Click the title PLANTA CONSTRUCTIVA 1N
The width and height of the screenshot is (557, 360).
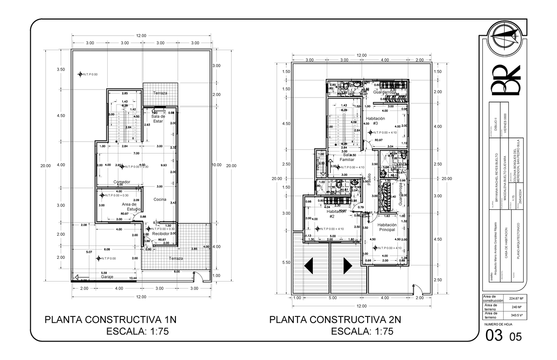110,320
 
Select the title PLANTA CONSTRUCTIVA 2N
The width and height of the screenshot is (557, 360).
335,320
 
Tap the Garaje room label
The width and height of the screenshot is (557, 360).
107,276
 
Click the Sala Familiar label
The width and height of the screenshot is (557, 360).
348,157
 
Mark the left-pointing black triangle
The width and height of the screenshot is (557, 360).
310,266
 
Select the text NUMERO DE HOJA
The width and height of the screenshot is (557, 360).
498,324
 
